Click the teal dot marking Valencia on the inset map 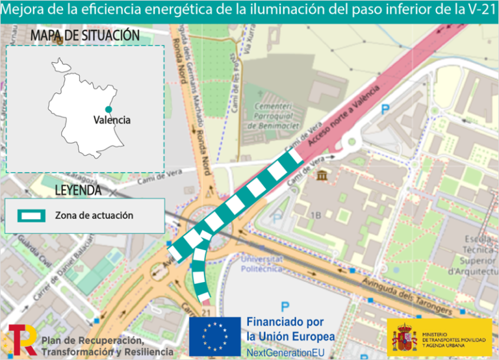pyautogui.click(x=109, y=109)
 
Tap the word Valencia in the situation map pyautogui.click(x=112, y=120)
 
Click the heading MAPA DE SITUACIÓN pyautogui.click(x=85, y=36)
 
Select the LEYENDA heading pyautogui.click(x=78, y=190)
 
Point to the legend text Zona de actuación pyautogui.click(x=94, y=215)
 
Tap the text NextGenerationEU pyautogui.click(x=286, y=352)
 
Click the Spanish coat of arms pyautogui.click(x=404, y=337)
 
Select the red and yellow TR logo pyautogui.click(x=22, y=340)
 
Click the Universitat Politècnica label pyautogui.click(x=262, y=262)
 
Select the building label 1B pyautogui.click(x=316, y=215)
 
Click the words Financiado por pyautogui.click(x=285, y=322)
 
